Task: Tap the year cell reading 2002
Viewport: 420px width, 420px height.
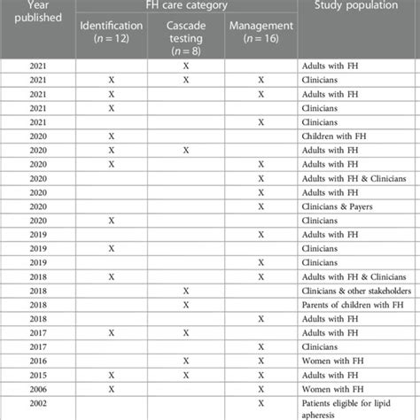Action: pos(38,407)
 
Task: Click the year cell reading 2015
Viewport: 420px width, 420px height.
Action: pos(38,376)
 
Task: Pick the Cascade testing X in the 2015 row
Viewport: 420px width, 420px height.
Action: pos(185,376)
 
